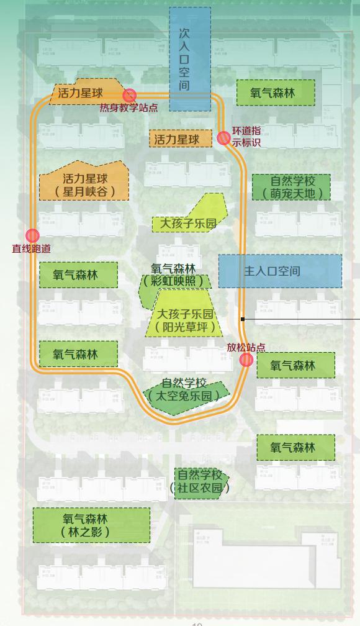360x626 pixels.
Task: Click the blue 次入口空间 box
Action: point(190,59)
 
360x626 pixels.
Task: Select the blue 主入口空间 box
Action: point(280,271)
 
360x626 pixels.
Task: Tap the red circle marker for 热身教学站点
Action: point(130,95)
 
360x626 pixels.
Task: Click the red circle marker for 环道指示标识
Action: point(223,138)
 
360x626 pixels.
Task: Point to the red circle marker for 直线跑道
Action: point(32,236)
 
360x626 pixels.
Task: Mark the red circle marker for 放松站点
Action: point(246,360)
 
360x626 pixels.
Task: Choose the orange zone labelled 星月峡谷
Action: point(84,182)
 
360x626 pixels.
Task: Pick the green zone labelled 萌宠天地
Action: point(291,187)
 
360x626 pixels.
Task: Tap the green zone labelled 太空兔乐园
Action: point(185,390)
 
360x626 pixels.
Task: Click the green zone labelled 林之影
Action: point(91,525)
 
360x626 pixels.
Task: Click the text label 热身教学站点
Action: point(128,107)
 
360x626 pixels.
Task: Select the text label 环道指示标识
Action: point(246,137)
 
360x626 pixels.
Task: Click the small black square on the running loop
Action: point(244,319)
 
